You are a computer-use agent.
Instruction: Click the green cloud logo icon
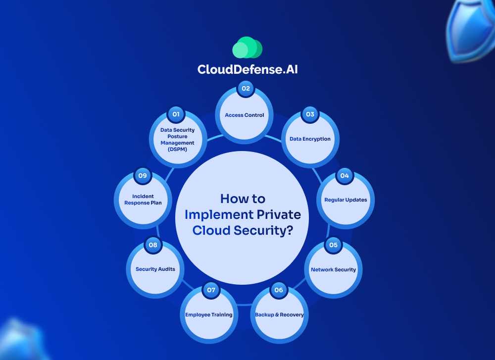point(247,48)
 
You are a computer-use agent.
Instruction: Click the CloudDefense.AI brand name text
point(247,69)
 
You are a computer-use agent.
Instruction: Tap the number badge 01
point(175,114)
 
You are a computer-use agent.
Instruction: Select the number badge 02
point(245,89)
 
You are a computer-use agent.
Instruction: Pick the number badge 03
point(310,114)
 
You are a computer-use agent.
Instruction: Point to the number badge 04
point(344,176)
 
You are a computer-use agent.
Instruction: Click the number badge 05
point(333,245)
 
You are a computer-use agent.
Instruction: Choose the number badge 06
point(279,290)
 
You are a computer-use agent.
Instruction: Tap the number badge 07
point(211,290)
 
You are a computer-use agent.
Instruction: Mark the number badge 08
point(153,245)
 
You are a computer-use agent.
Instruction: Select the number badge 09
point(143,176)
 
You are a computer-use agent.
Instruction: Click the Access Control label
point(245,115)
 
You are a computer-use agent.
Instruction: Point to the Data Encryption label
point(310,139)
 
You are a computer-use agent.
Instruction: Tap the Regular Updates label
point(346,200)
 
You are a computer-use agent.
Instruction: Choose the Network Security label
point(333,270)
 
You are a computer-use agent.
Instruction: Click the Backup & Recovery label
point(279,315)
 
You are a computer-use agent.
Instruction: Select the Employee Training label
point(209,315)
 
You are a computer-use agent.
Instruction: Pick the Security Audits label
point(155,269)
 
